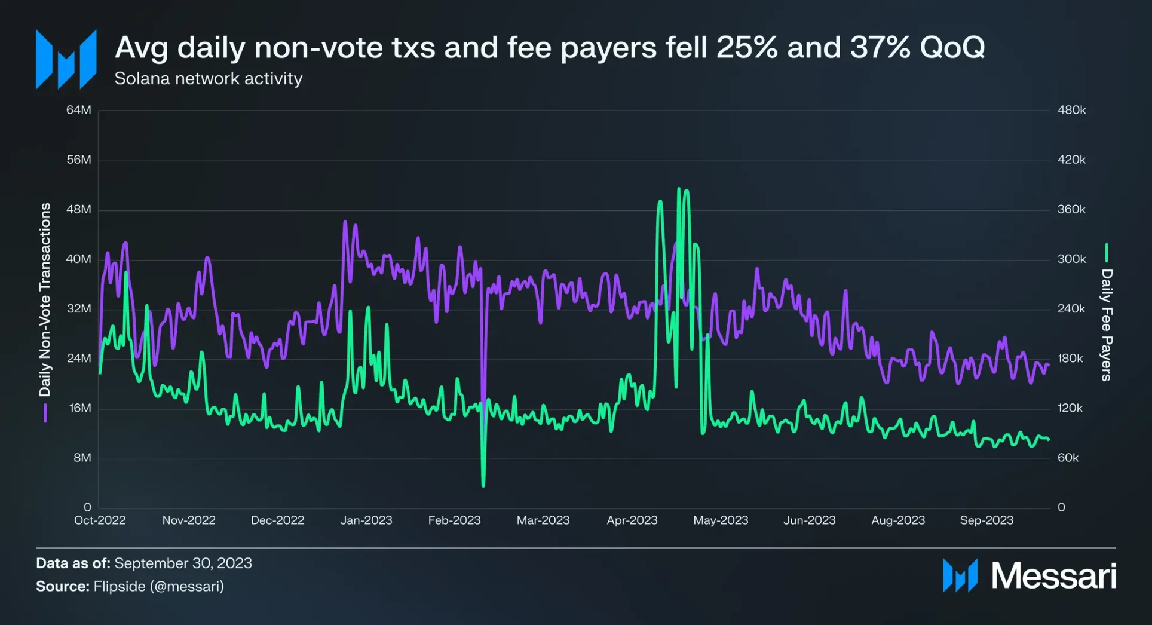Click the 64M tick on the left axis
point(79,110)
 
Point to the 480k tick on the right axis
point(1071,110)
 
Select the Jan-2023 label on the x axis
point(366,520)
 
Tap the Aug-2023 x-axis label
point(897,520)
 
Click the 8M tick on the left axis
point(82,458)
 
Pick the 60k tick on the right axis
point(1068,458)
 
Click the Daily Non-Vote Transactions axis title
point(45,299)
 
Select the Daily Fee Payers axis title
point(1107,324)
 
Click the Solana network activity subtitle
point(208,79)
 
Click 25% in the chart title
point(746,47)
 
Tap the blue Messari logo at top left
point(66,59)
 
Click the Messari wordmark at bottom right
point(1053,575)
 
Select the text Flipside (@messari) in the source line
point(158,586)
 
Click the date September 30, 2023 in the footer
point(183,563)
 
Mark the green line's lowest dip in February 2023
point(483,485)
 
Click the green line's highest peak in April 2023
point(679,189)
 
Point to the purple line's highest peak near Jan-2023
point(345,222)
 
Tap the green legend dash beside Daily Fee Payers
point(1107,253)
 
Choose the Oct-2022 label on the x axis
point(100,520)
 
